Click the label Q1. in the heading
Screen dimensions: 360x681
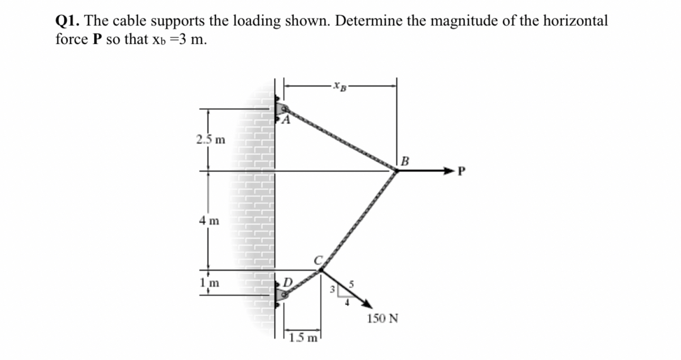tap(68, 21)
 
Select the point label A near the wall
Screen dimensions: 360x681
tap(287, 120)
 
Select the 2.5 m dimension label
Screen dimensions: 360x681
tap(210, 140)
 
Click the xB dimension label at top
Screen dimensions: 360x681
tap(339, 85)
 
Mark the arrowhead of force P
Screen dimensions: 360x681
tap(448, 170)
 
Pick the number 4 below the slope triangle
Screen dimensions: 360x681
tap(347, 303)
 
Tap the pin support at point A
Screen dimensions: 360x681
tap(279, 109)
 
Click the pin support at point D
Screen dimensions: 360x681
tap(280, 293)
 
